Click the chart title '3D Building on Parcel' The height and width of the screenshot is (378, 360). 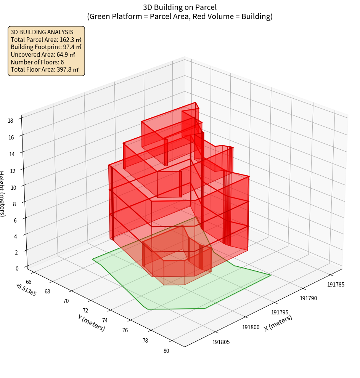pyautogui.click(x=180, y=7)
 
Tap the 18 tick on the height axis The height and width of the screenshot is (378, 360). pyautogui.click(x=10, y=121)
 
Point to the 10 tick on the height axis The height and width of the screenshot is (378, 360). pyautogui.click(x=13, y=187)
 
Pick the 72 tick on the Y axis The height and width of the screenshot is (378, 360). pyautogui.click(x=85, y=311)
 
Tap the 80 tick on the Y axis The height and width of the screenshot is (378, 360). pyautogui.click(x=166, y=351)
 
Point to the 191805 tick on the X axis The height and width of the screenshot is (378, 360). pyautogui.click(x=221, y=342)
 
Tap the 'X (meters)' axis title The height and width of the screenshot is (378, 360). pyautogui.click(x=278, y=323)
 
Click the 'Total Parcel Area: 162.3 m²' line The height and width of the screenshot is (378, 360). pyautogui.click(x=46, y=40)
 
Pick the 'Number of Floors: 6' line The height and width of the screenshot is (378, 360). pyautogui.click(x=37, y=62)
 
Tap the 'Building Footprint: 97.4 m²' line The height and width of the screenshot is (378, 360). pyautogui.click(x=46, y=47)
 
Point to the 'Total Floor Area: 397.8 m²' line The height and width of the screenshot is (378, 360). pyautogui.click(x=45, y=70)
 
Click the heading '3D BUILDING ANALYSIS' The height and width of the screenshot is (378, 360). pyautogui.click(x=42, y=32)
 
